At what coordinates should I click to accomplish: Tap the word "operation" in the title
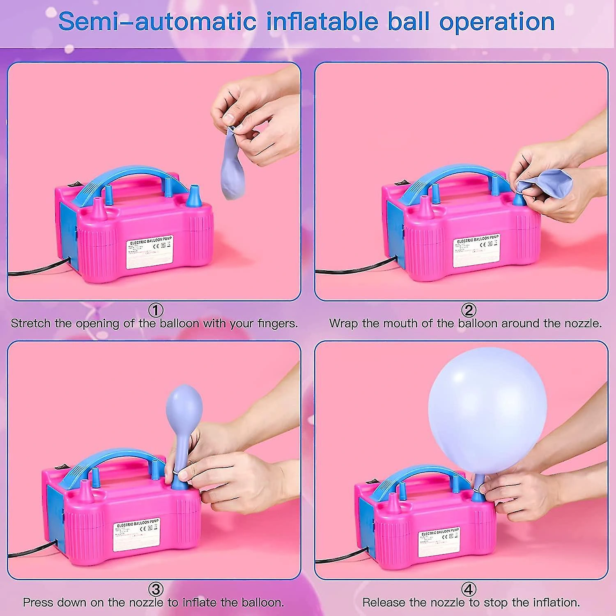coord(497,21)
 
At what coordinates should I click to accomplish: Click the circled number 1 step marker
coord(156,310)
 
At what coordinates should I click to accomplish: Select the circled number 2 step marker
coord(469,310)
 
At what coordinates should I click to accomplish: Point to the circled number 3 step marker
coord(156,590)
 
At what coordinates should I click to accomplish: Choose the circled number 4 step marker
coord(469,590)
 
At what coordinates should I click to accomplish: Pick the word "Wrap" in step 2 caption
coord(343,324)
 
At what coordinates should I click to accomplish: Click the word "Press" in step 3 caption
coord(38,602)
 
